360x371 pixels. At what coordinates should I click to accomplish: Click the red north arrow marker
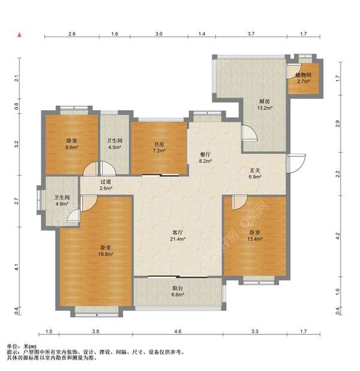click(x=20, y=35)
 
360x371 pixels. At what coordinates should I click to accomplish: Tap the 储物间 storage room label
click(x=304, y=76)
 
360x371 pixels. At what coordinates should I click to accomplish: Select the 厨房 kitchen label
click(x=265, y=102)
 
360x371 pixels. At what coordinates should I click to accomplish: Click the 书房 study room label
click(x=159, y=144)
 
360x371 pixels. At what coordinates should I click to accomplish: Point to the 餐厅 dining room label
click(x=205, y=155)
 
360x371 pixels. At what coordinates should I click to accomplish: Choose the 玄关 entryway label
click(x=255, y=170)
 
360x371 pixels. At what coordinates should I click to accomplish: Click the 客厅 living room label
click(x=178, y=233)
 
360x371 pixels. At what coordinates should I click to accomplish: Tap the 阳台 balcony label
click(x=178, y=288)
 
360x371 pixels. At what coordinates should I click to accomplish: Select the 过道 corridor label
click(x=106, y=182)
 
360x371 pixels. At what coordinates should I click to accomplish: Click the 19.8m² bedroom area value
click(x=106, y=254)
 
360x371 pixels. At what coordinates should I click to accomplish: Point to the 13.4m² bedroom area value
click(x=255, y=239)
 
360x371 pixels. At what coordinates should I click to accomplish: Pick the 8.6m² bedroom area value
click(x=72, y=147)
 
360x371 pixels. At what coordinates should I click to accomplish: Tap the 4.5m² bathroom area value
click(x=115, y=147)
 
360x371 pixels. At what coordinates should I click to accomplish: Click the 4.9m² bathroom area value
click(x=62, y=204)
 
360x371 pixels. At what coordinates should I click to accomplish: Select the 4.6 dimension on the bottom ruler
click(x=178, y=331)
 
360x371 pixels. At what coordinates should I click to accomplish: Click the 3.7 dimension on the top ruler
click(x=251, y=34)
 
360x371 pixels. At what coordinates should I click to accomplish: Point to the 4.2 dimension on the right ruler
click(x=338, y=236)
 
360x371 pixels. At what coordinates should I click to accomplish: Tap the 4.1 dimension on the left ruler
click(x=16, y=267)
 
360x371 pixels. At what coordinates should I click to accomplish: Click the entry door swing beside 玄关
click(x=296, y=163)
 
